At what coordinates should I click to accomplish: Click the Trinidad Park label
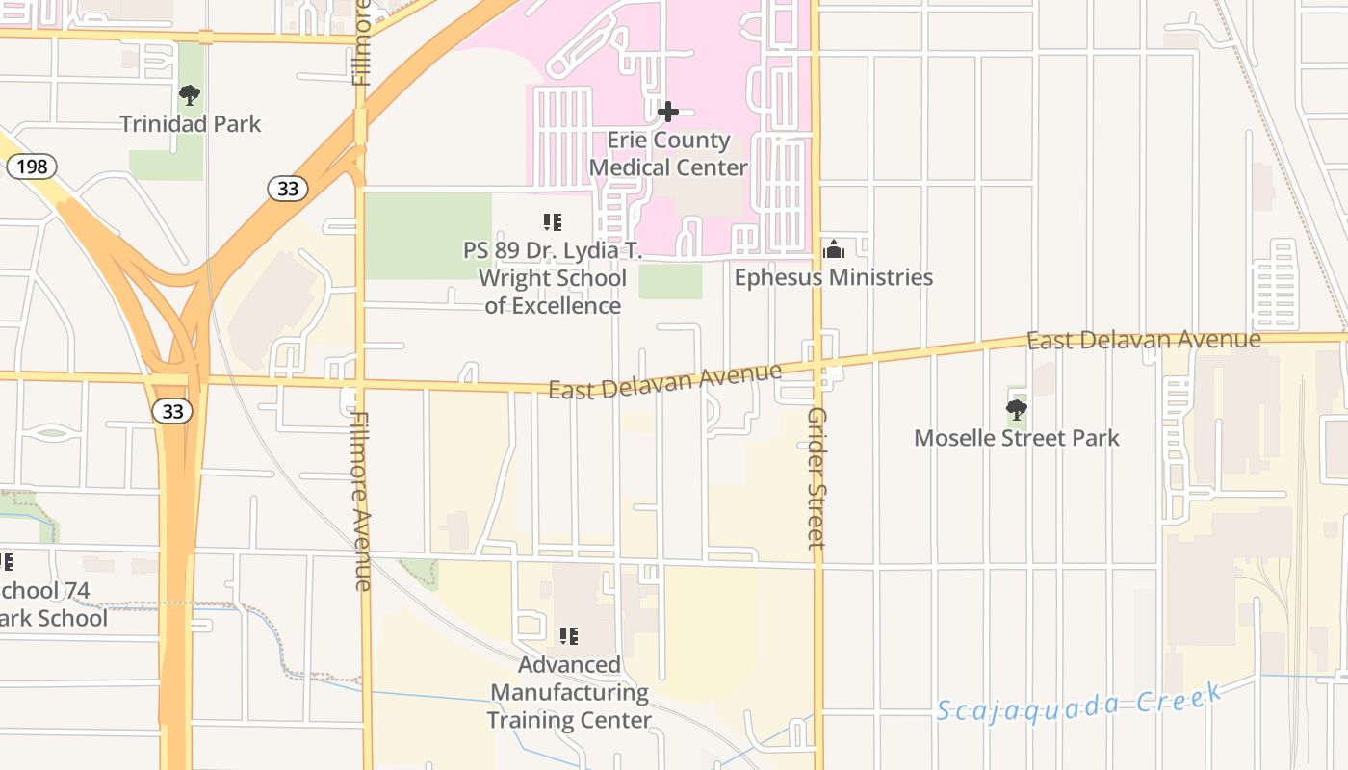tap(191, 124)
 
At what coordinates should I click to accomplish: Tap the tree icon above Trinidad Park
tap(190, 94)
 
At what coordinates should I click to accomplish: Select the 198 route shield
tap(32, 167)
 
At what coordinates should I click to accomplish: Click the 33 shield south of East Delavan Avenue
tap(172, 412)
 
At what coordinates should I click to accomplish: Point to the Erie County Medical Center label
tap(668, 154)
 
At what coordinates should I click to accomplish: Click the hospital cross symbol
tap(668, 112)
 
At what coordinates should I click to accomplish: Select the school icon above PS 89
tap(553, 223)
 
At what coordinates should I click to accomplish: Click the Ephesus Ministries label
tap(834, 277)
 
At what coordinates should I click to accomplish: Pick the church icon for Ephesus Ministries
tap(834, 249)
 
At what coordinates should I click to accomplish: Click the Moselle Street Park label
tap(1017, 438)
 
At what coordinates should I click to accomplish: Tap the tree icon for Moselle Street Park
tap(1016, 411)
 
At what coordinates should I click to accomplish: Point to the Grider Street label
tap(817, 477)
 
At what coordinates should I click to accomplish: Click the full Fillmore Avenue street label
tap(362, 501)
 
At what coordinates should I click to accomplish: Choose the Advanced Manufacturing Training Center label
tap(569, 692)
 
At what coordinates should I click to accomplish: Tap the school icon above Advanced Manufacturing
tap(569, 636)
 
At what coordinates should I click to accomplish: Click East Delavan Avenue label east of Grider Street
tap(1143, 340)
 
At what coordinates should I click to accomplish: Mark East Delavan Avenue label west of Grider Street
tap(665, 382)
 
